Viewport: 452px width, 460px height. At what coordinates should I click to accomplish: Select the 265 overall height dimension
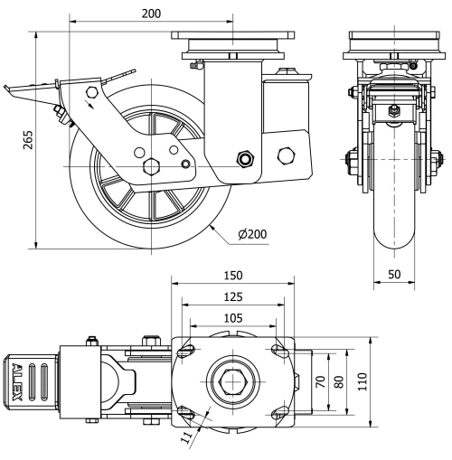16,141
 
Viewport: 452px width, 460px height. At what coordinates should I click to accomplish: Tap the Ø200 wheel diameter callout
254,234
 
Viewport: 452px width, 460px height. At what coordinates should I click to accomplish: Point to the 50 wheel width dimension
393,273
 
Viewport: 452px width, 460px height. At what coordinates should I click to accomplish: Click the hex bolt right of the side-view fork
287,155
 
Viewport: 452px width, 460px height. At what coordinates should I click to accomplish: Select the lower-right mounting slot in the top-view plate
277,412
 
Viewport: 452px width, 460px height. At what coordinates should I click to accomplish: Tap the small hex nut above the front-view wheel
393,110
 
